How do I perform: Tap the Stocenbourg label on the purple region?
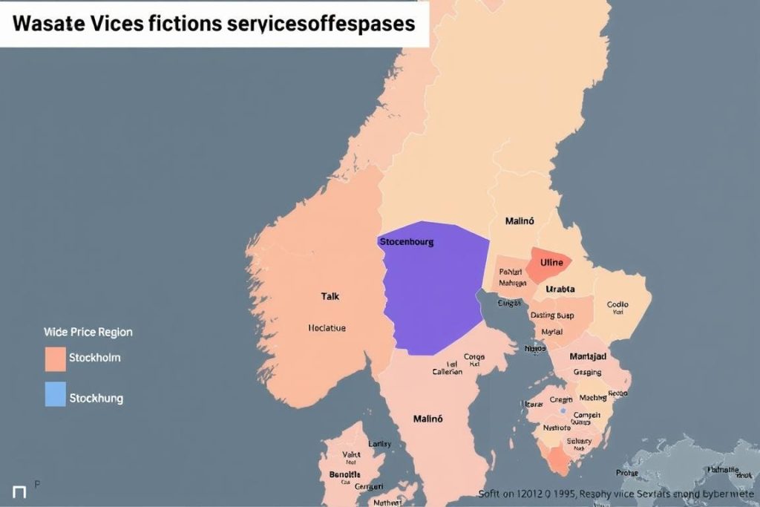click(406, 241)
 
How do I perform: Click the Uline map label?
click(551, 262)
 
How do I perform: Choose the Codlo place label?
click(617, 304)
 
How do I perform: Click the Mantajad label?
click(589, 356)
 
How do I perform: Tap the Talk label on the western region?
click(330, 295)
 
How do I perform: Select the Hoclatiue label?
click(327, 327)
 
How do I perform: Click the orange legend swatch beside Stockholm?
click(56, 358)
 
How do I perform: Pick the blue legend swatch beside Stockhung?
click(56, 394)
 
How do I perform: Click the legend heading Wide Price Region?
click(88, 332)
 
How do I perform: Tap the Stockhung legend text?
click(96, 398)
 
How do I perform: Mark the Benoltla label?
click(344, 474)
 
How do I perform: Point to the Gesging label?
click(588, 372)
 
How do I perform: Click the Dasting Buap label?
click(553, 315)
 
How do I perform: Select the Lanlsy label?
click(379, 443)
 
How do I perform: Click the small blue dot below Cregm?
click(563, 410)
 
